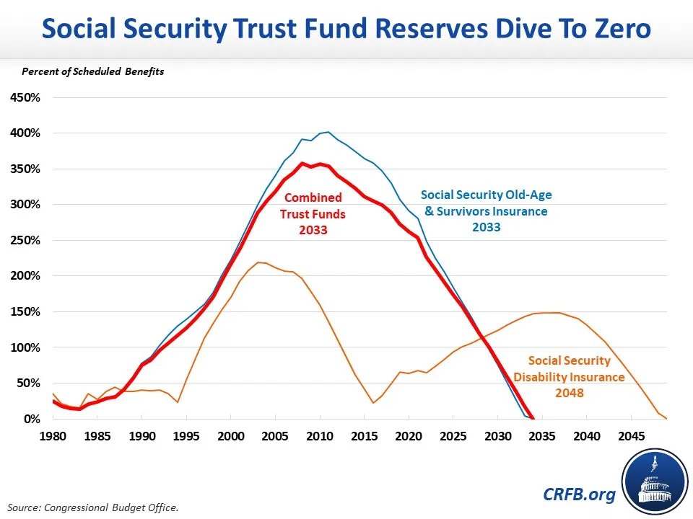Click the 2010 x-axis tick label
(x=320, y=436)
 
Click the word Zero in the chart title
(x=616, y=30)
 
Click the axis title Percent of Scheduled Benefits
(x=93, y=71)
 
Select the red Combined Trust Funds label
(x=314, y=214)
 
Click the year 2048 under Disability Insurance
(x=570, y=394)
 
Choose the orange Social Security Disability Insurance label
(x=570, y=369)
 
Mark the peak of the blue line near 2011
(x=328, y=132)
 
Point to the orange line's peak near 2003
(x=258, y=262)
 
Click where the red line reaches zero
(x=533, y=419)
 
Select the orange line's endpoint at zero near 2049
(x=666, y=419)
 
